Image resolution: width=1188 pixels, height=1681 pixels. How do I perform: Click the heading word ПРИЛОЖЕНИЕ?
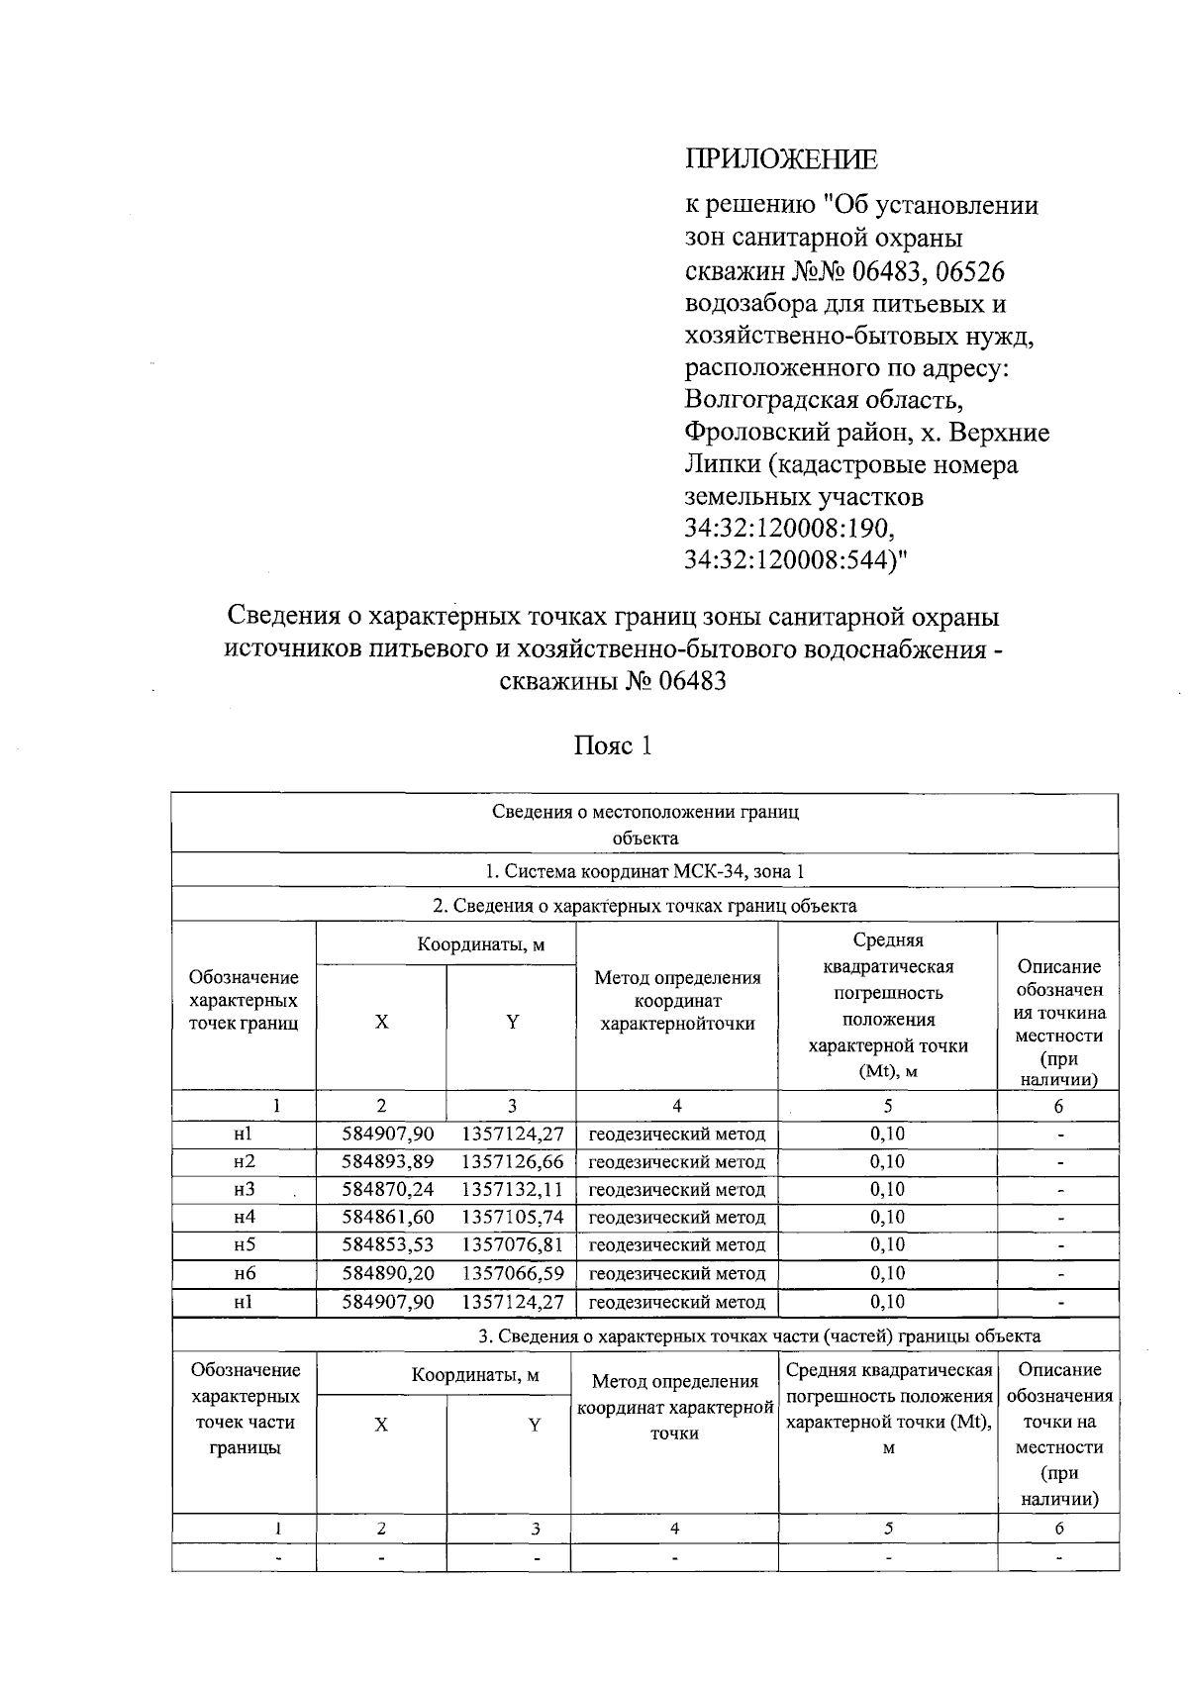[x=781, y=159]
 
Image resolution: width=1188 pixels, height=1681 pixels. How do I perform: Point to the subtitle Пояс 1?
[x=613, y=745]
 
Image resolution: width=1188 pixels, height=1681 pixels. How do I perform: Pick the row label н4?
[x=245, y=1218]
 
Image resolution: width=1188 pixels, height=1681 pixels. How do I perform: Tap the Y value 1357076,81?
[x=512, y=1245]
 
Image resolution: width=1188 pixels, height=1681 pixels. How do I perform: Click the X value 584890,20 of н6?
[x=388, y=1273]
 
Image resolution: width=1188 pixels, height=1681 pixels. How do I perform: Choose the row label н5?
[x=245, y=1245]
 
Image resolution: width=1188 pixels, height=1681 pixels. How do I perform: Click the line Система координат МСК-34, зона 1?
[x=644, y=872]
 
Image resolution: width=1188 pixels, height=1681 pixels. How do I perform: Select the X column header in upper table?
[x=381, y=1023]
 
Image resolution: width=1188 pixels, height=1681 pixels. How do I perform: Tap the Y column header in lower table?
[x=535, y=1426]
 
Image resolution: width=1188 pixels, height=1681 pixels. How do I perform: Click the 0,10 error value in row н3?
[x=887, y=1190]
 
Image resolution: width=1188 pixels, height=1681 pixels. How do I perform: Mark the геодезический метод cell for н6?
[x=677, y=1273]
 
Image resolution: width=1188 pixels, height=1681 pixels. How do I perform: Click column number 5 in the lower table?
[x=888, y=1529]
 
